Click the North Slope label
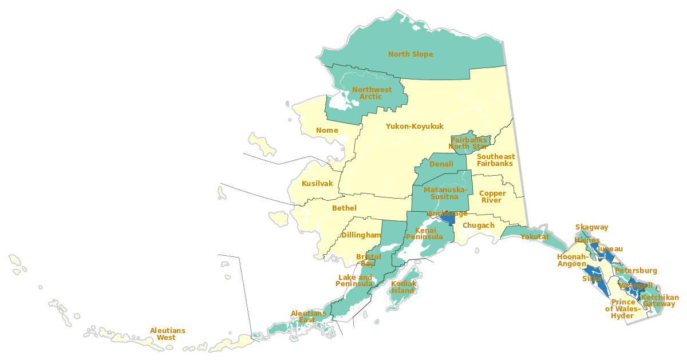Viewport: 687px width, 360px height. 410,54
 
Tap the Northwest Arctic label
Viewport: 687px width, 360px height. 372,93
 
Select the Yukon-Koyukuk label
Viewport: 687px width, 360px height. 414,126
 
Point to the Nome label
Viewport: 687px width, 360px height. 327,130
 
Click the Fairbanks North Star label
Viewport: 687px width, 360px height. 469,143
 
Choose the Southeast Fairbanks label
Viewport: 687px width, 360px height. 495,160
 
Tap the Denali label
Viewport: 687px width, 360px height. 441,164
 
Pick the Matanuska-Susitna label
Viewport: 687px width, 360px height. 445,193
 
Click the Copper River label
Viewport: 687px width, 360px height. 492,197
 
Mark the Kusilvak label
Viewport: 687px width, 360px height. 317,184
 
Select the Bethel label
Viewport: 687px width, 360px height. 344,208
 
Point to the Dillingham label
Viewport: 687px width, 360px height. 361,235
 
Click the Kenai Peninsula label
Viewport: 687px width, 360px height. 424,234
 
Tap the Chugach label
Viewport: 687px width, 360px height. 478,226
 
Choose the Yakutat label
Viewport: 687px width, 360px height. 535,237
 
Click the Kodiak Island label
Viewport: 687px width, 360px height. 403,287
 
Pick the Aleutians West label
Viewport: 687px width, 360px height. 167,334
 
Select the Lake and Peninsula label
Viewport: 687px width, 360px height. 354,281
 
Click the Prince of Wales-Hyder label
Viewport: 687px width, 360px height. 623,309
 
